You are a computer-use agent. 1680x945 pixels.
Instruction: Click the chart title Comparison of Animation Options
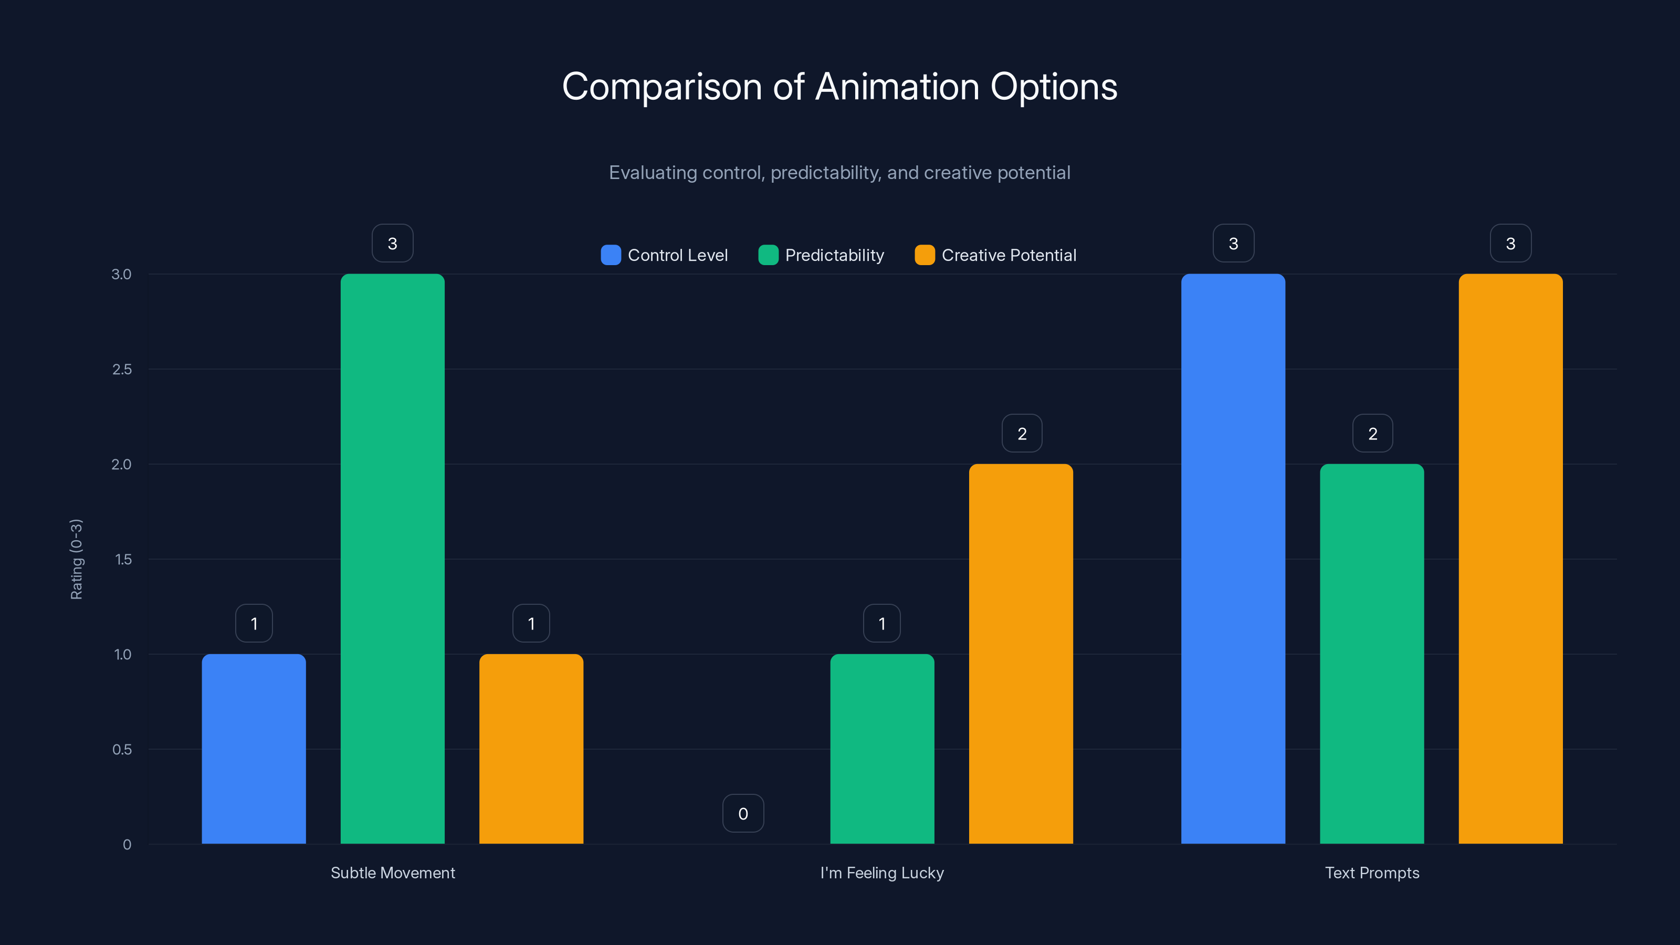click(x=839, y=87)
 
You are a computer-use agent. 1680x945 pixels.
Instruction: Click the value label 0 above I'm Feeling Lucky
click(x=743, y=813)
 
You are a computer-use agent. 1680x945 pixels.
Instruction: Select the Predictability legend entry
click(x=821, y=255)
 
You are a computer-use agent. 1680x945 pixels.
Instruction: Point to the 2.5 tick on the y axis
click(x=122, y=369)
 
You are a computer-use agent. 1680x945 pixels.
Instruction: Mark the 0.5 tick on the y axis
click(x=122, y=749)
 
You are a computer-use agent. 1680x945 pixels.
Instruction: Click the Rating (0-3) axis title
click(x=76, y=559)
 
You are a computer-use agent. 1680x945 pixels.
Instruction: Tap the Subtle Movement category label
click(x=393, y=873)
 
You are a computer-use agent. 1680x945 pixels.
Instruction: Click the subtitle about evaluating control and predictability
click(x=839, y=173)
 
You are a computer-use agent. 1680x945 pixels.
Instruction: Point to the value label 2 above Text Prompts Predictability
click(x=1372, y=434)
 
